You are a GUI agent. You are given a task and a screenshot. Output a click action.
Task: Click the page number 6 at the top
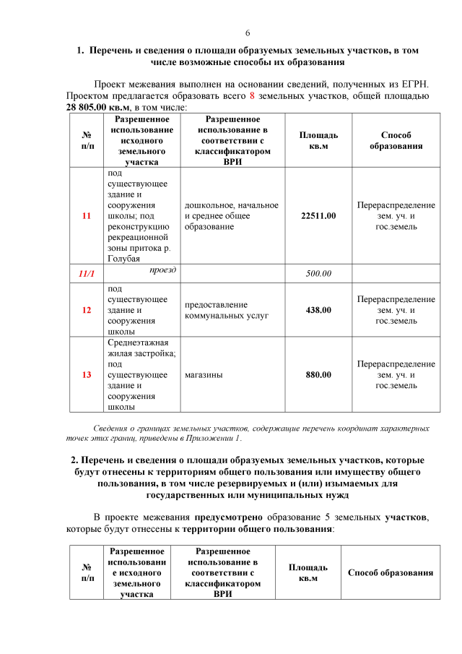[248, 33]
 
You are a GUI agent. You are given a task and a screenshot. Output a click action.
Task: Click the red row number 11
[87, 216]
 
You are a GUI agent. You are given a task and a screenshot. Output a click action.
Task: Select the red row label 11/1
[87, 273]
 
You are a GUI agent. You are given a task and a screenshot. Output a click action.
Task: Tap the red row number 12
[87, 310]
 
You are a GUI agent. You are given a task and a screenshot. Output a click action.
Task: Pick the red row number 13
[87, 375]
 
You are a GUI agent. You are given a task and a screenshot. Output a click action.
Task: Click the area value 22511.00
[318, 216]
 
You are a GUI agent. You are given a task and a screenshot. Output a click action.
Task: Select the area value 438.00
[318, 310]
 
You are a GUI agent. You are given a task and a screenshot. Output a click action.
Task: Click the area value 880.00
[318, 375]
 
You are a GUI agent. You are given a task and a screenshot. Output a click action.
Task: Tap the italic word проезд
[164, 270]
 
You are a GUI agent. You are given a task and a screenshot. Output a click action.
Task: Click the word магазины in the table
[204, 375]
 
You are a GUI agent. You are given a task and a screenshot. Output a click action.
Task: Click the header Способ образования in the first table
[396, 140]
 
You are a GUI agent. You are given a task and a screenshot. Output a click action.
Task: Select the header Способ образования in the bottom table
[390, 573]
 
